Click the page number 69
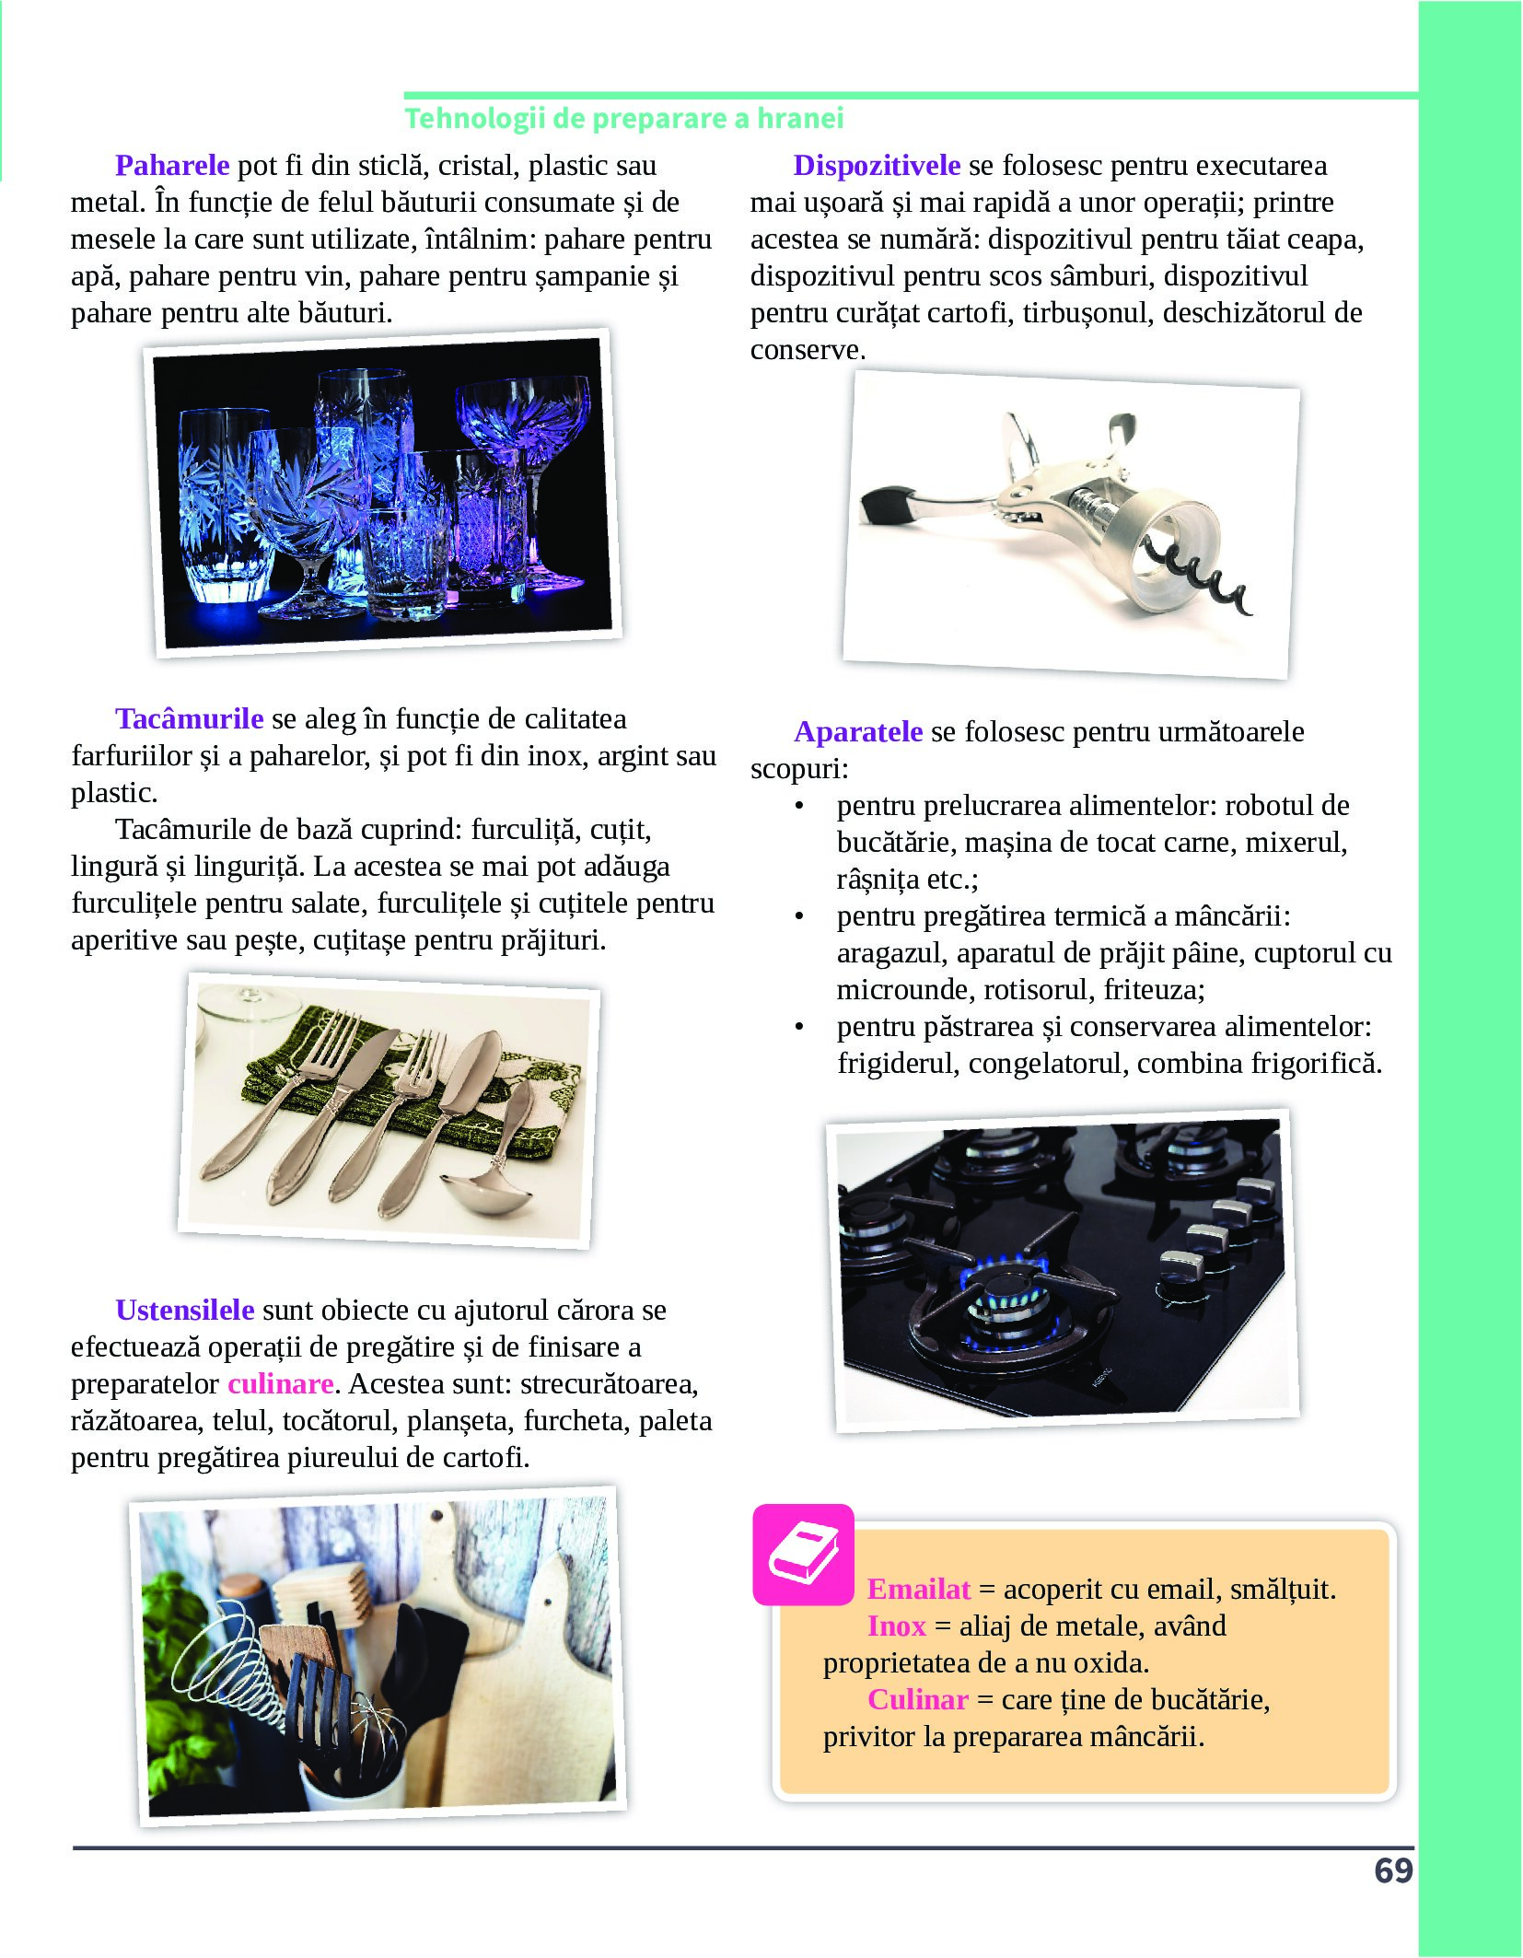pyautogui.click(x=1393, y=1871)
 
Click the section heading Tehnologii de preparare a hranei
pyautogui.click(x=624, y=118)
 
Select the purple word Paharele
pyautogui.click(x=172, y=165)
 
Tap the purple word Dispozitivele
pyautogui.click(x=877, y=165)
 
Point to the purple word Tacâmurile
pyautogui.click(x=190, y=718)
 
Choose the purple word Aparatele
pyautogui.click(x=858, y=731)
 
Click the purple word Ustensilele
pyautogui.click(x=185, y=1310)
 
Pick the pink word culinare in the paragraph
pyautogui.click(x=281, y=1383)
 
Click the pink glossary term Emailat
pyautogui.click(x=919, y=1589)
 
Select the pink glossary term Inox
pyautogui.click(x=896, y=1626)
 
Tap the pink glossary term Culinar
pyautogui.click(x=918, y=1699)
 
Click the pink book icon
pyautogui.click(x=804, y=1555)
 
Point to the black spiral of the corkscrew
pyautogui.click(x=1202, y=579)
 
